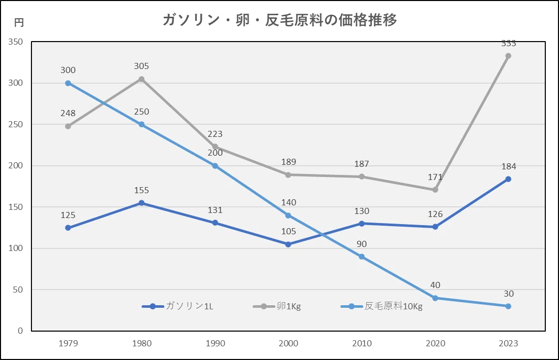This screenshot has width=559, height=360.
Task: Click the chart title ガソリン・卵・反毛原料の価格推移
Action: point(280,20)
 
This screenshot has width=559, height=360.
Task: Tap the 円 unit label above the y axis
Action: point(19,22)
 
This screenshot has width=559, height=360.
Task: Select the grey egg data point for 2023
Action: point(508,56)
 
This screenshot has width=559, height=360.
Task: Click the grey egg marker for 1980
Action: point(142,79)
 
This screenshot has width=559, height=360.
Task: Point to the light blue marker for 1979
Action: point(68,83)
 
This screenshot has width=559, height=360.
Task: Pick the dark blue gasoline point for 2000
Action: point(288,244)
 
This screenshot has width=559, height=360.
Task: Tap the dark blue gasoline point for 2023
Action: point(508,179)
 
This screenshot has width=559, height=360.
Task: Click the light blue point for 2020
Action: point(435,298)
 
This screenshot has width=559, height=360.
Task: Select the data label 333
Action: point(508,44)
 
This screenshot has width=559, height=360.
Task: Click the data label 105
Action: point(289,231)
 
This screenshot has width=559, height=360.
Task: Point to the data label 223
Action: point(215,134)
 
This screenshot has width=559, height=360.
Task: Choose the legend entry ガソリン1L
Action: point(178,306)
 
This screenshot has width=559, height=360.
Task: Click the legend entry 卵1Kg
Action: point(277,306)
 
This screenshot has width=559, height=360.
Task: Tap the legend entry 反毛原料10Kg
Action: point(382,306)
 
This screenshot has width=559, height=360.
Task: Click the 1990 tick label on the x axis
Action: point(215,343)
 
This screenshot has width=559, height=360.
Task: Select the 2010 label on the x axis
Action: point(362,343)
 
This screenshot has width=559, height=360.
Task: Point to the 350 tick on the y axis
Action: point(16,42)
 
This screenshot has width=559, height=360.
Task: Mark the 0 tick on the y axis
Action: point(20,331)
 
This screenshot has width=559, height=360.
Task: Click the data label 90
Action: point(362,244)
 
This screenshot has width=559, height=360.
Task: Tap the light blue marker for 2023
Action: point(508,306)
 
